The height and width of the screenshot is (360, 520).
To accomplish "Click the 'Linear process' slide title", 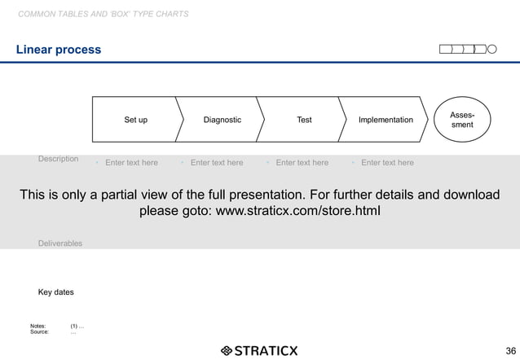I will pos(59,50).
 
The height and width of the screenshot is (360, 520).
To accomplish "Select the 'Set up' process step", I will pos(135,120).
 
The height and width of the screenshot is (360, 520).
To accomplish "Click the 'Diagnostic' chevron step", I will pos(222,120).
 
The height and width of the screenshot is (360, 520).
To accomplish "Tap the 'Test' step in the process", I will pos(304,120).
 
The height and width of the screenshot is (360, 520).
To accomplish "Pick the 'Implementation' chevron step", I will pos(385,120).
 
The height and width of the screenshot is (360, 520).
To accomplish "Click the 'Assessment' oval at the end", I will pos(462,121).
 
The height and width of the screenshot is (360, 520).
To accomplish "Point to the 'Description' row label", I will pos(58,159).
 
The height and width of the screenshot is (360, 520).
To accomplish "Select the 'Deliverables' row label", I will pos(59,244).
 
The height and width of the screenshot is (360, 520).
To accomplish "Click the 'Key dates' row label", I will pos(55,292).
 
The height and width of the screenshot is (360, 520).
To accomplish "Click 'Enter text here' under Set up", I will pos(131,163).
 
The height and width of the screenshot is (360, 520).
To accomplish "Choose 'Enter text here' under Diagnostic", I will pos(217,163).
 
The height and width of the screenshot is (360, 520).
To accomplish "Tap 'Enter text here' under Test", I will pos(302,163).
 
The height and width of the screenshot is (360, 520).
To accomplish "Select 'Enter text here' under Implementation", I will pos(387,163).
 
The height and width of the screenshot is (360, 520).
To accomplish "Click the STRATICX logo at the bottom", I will pos(259,351).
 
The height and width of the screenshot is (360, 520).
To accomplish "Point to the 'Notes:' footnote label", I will pos(38,326).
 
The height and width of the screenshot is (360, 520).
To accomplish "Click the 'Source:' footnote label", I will pos(39,332).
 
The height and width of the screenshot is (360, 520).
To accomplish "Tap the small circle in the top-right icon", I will pos(491,50).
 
